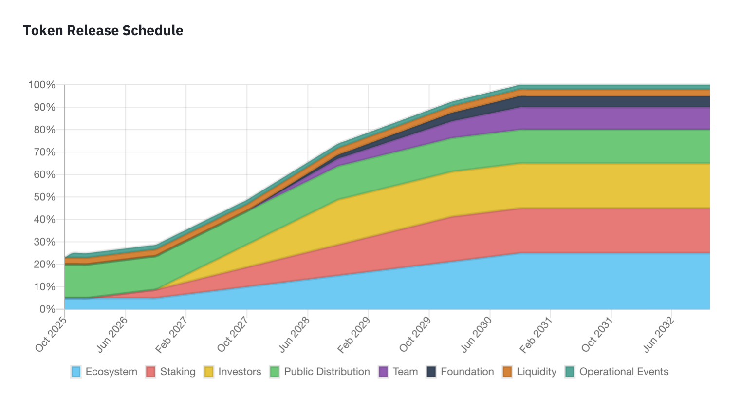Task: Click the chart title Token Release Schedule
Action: pyautogui.click(x=103, y=30)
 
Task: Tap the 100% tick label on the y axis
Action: pyautogui.click(x=42, y=85)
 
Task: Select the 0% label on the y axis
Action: pyautogui.click(x=48, y=309)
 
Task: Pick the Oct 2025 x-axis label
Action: pyautogui.click(x=51, y=335)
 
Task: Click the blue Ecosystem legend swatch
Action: pyautogui.click(x=76, y=372)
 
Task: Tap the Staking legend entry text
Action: pyautogui.click(x=178, y=372)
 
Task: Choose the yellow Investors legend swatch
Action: pyautogui.click(x=209, y=372)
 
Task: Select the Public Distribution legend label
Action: pyautogui.click(x=327, y=372)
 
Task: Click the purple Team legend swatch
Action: pyautogui.click(x=383, y=372)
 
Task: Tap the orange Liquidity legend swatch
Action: pyautogui.click(x=507, y=372)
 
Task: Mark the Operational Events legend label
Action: pyautogui.click(x=624, y=372)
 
